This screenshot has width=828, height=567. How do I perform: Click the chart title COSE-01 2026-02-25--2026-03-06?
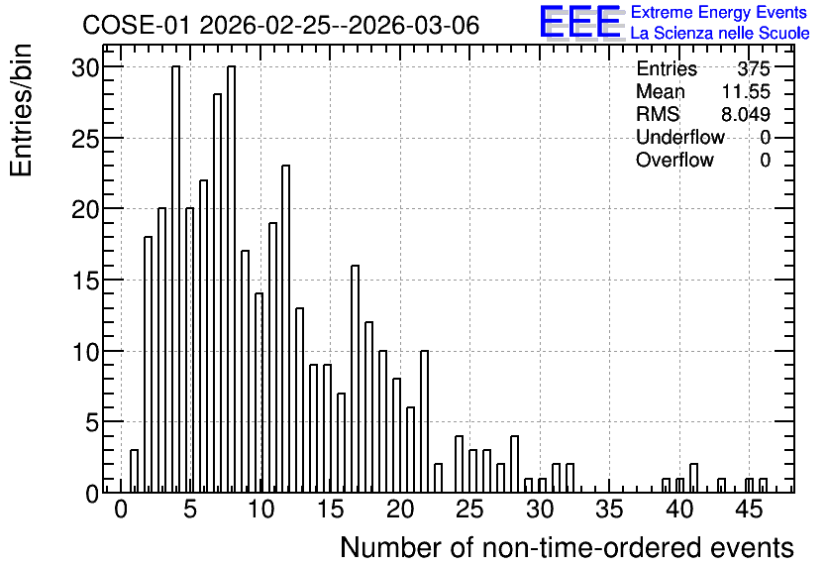tap(280, 25)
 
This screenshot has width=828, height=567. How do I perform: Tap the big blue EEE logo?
tap(580, 22)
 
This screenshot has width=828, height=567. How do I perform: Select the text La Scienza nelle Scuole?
tap(720, 34)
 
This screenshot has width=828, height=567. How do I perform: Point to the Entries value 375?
tap(754, 68)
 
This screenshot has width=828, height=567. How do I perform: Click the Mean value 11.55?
tap(746, 91)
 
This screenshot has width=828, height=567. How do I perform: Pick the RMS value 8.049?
tap(746, 114)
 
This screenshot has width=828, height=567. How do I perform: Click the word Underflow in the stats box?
tap(680, 137)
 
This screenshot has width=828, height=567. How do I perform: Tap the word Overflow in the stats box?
tap(674, 160)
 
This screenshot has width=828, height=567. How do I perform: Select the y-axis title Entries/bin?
tap(21, 110)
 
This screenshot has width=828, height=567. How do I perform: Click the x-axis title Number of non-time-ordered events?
tap(567, 547)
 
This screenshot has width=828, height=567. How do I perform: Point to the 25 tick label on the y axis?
tap(85, 139)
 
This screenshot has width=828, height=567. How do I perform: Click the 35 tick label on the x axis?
tap(609, 510)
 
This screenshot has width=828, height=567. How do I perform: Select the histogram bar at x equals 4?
tap(176, 280)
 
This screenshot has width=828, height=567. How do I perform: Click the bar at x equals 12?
tap(285, 329)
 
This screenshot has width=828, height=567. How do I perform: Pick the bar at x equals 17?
tap(356, 380)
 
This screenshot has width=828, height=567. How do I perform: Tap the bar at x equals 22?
tap(425, 421)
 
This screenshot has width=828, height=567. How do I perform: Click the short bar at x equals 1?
tap(134, 472)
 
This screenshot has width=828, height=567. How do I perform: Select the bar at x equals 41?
tap(694, 478)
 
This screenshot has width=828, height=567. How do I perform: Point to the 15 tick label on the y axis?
tap(85, 282)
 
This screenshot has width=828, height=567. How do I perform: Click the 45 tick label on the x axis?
tap(749, 510)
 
